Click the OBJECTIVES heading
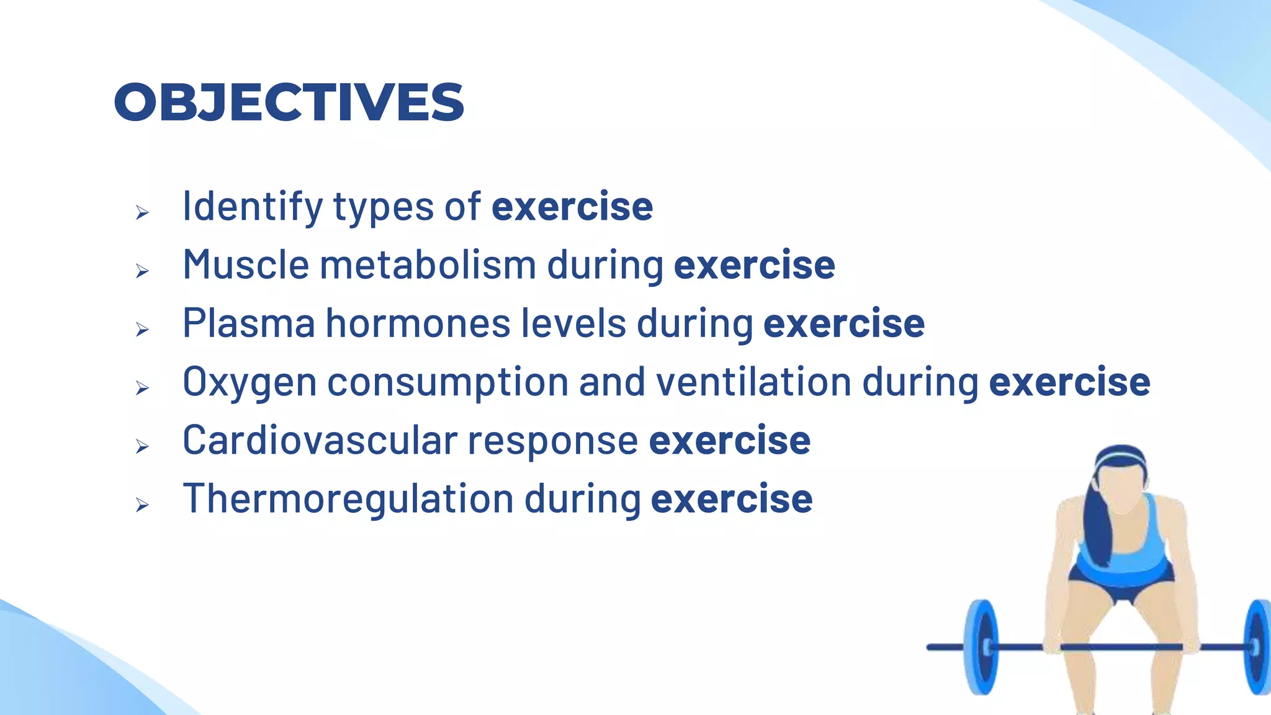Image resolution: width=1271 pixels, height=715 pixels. click(x=289, y=102)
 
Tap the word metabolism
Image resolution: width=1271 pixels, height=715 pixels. click(x=428, y=265)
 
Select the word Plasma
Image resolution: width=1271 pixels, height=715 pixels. click(x=249, y=323)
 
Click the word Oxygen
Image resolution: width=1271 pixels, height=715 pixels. click(x=249, y=382)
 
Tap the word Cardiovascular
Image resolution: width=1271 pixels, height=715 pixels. click(x=320, y=441)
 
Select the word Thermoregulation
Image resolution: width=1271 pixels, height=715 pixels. click(x=348, y=499)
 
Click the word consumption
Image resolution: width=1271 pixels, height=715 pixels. click(x=447, y=382)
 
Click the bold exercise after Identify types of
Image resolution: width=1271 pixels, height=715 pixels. click(x=572, y=207)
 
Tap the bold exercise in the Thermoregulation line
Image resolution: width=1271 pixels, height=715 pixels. click(x=732, y=499)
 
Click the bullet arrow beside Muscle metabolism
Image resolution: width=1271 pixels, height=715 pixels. click(x=142, y=271)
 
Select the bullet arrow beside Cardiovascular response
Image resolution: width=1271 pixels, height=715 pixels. click(x=142, y=447)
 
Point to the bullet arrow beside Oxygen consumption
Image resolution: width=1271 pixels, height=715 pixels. click(x=142, y=389)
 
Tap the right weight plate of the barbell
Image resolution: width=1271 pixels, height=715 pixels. click(x=1259, y=646)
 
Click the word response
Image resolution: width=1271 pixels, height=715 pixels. click(x=552, y=441)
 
